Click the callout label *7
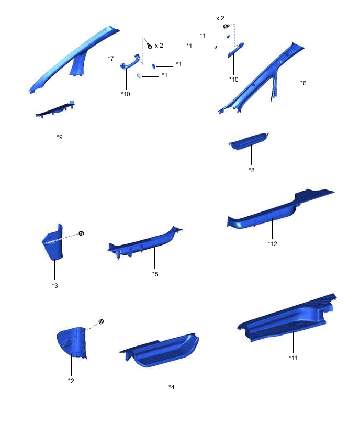click(x=110, y=59)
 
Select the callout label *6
click(x=303, y=83)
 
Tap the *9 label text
click(x=60, y=137)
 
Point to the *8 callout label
click(x=252, y=170)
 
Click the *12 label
click(x=273, y=243)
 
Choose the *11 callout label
click(x=293, y=358)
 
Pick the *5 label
click(x=155, y=274)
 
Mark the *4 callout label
click(x=172, y=387)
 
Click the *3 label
click(x=55, y=285)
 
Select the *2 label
click(x=71, y=381)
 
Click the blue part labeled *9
click(x=55, y=109)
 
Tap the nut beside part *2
click(x=102, y=321)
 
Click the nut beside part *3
click(x=82, y=233)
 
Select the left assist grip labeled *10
click(x=130, y=63)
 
